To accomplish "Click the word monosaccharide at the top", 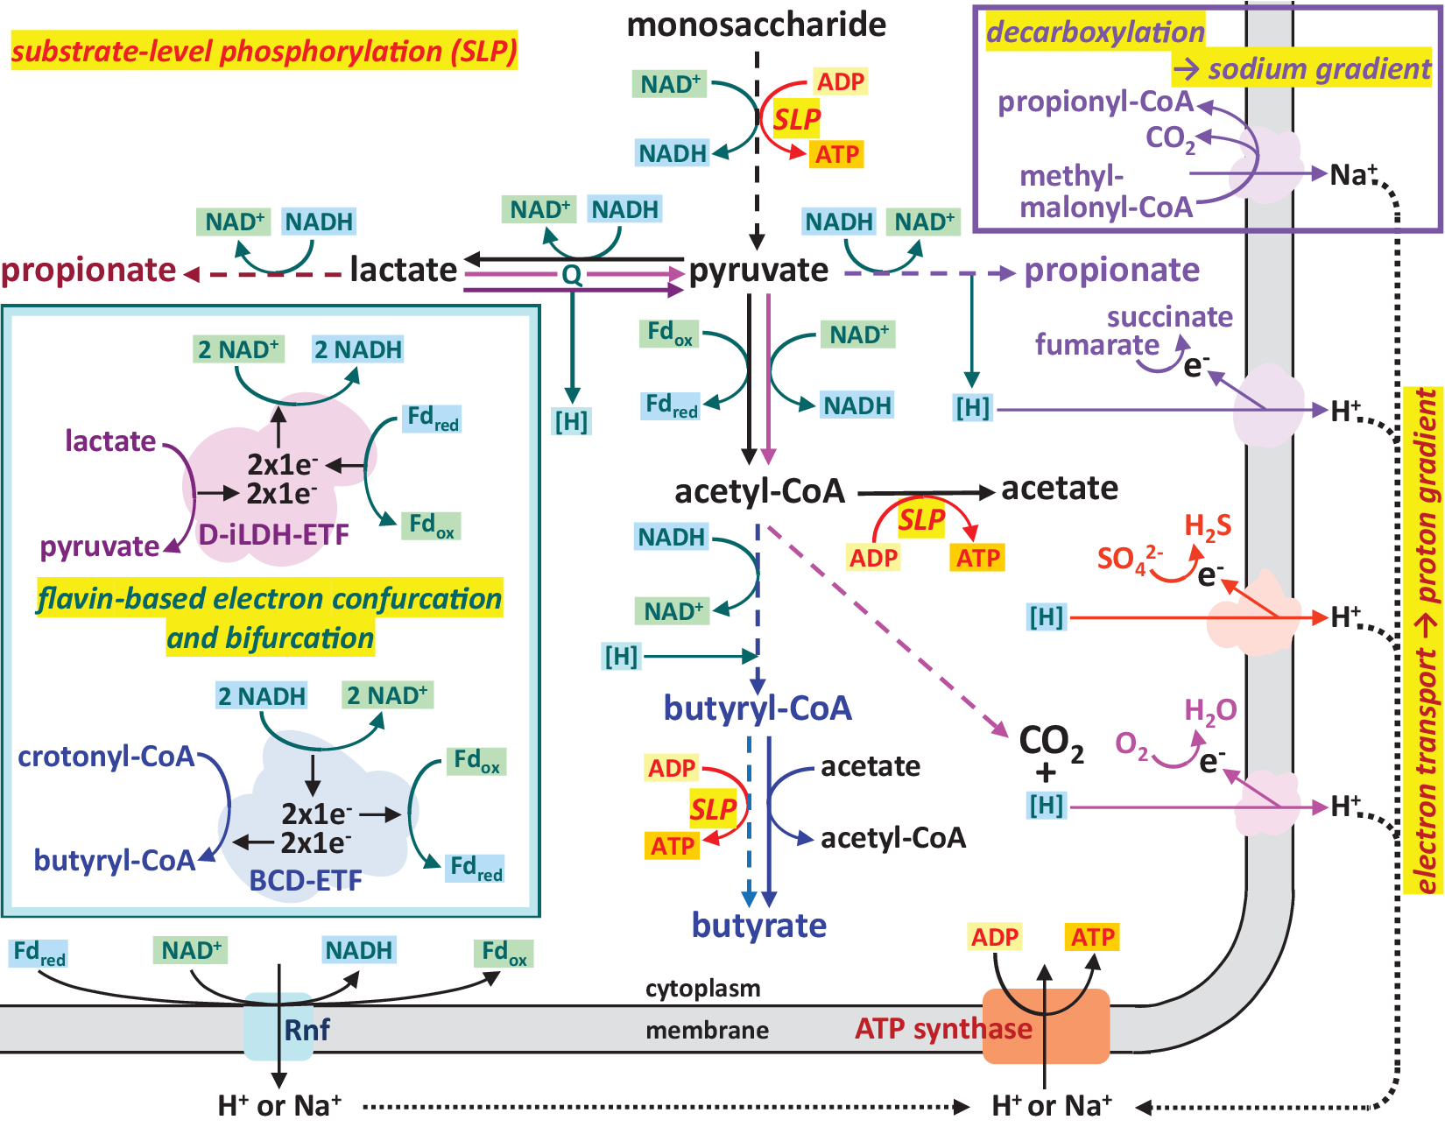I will pyautogui.click(x=756, y=25).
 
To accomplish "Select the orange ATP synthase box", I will pyautogui.click(x=1046, y=1027).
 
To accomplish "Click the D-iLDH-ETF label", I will pyautogui.click(x=273, y=534).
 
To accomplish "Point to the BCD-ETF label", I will pyautogui.click(x=306, y=880).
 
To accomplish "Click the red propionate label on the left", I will pyautogui.click(x=88, y=271).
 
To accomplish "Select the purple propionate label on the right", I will pyautogui.click(x=1111, y=271).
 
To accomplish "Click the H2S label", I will pyautogui.click(x=1208, y=526).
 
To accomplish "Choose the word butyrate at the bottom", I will pyautogui.click(x=758, y=926).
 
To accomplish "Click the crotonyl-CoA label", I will pyautogui.click(x=106, y=757).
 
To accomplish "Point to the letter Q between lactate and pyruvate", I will pyautogui.click(x=572, y=276).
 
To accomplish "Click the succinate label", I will pyautogui.click(x=1169, y=317).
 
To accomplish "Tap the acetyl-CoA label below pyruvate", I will pyautogui.click(x=759, y=492).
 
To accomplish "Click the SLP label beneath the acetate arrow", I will pyautogui.click(x=921, y=521).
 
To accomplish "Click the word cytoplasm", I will pyautogui.click(x=702, y=989).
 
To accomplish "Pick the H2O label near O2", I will pyautogui.click(x=1210, y=710).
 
